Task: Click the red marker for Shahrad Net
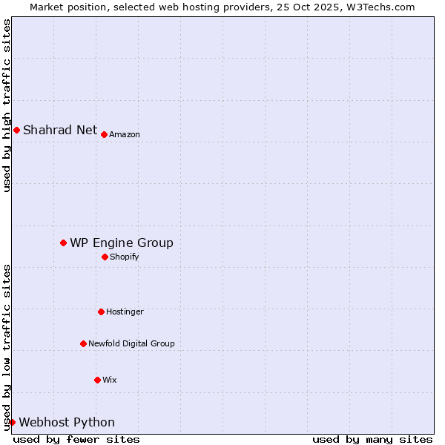(16, 131)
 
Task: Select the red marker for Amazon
(104, 134)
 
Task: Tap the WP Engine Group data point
(63, 243)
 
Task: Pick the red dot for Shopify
(105, 257)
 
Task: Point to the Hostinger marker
(101, 311)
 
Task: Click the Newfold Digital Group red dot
(83, 343)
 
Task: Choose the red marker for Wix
(97, 380)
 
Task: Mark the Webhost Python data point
(12, 422)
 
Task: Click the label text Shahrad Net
(60, 131)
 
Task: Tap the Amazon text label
(125, 134)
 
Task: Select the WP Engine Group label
(122, 243)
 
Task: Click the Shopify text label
(125, 257)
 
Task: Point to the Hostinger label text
(125, 311)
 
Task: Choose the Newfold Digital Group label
(131, 343)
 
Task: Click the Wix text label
(110, 380)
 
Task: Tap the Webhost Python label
(67, 422)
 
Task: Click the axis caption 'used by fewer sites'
(76, 439)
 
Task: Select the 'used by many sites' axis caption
(372, 439)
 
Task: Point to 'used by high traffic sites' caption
(7, 105)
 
